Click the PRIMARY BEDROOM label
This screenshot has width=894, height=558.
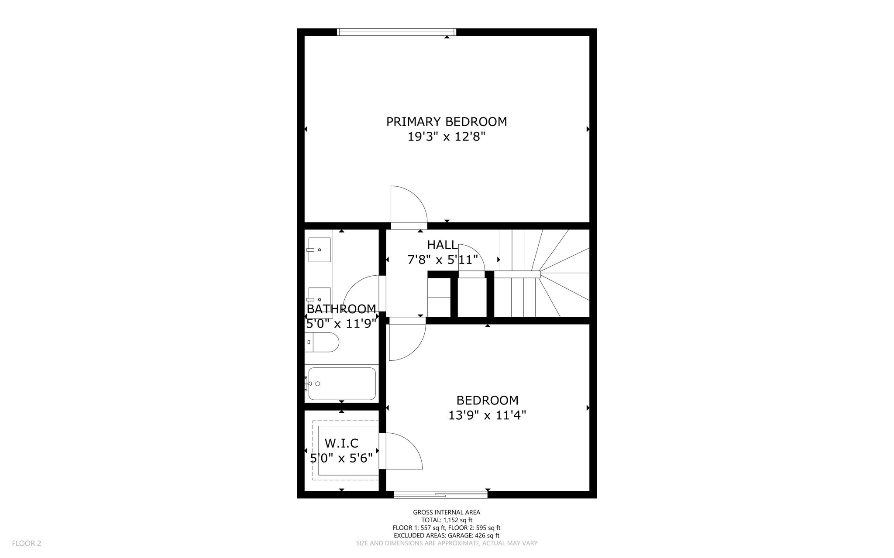[446, 122]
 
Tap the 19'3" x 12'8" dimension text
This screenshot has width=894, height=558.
[446, 137]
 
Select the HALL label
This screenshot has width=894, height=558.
[442, 245]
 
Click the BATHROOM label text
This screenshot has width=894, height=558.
[341, 309]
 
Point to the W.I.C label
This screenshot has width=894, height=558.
[341, 443]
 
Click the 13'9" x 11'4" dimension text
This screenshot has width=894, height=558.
[487, 415]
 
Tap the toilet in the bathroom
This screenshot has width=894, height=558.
[322, 342]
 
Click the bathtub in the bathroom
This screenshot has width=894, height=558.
[341, 383]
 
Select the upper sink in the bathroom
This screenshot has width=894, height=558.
[319, 250]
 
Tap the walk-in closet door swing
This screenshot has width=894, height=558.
[402, 452]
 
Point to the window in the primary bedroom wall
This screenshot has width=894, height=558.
[396, 32]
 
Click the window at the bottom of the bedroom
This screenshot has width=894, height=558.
[440, 494]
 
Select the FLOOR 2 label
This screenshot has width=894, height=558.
[26, 543]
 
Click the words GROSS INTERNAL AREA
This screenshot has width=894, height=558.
[446, 512]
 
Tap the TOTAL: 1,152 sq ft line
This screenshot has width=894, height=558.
[446, 520]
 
